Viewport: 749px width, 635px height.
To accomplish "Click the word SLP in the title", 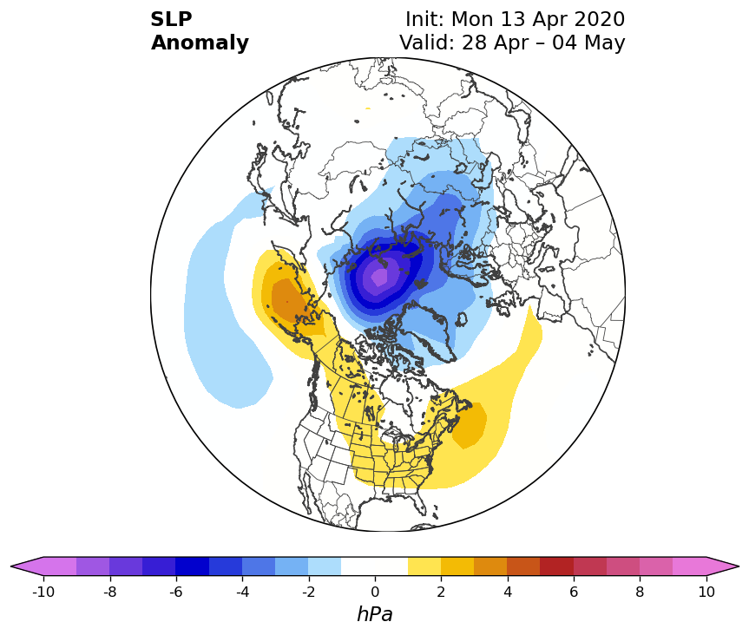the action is tap(171, 19).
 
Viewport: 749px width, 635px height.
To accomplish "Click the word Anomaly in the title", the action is tap(200, 43).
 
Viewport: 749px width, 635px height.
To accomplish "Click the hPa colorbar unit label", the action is tap(375, 614).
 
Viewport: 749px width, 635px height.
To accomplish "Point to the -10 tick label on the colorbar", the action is tap(43, 592).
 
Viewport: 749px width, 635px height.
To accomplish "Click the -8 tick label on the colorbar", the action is tap(110, 592).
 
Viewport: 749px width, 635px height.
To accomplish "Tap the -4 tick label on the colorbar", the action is tap(243, 592).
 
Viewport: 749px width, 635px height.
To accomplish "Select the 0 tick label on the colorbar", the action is tap(375, 592).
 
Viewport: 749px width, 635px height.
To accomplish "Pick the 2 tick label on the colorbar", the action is tap(441, 592).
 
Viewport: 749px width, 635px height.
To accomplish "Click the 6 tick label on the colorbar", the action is tap(574, 592).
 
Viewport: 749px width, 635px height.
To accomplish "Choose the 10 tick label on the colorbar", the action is tap(706, 592).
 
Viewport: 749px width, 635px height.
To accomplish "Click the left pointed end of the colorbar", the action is tap(11, 566).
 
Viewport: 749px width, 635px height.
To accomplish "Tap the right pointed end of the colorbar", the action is tap(738, 566).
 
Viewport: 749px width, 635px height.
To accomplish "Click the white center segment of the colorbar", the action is tap(375, 566).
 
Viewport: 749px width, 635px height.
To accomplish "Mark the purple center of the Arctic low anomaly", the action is tap(380, 276).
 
